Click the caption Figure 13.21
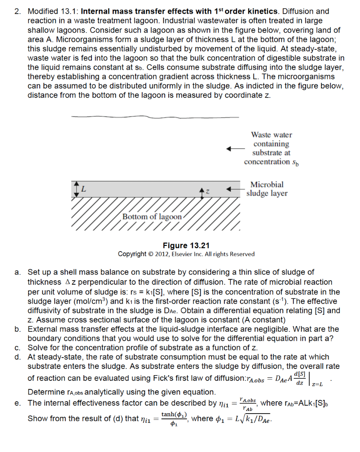coord(186,245)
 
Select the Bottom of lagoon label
coord(152,217)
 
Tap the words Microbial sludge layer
coord(267,189)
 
